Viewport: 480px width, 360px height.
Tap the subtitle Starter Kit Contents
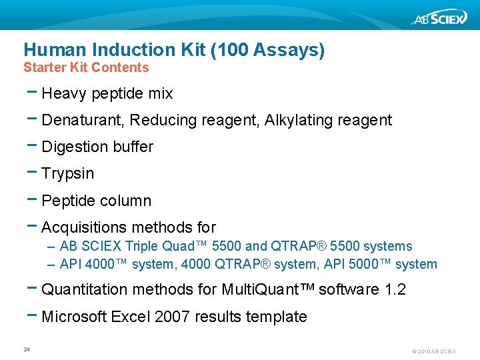coord(86,67)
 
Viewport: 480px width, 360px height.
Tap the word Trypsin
coord(67,174)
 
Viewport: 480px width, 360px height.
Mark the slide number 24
coord(27,349)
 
